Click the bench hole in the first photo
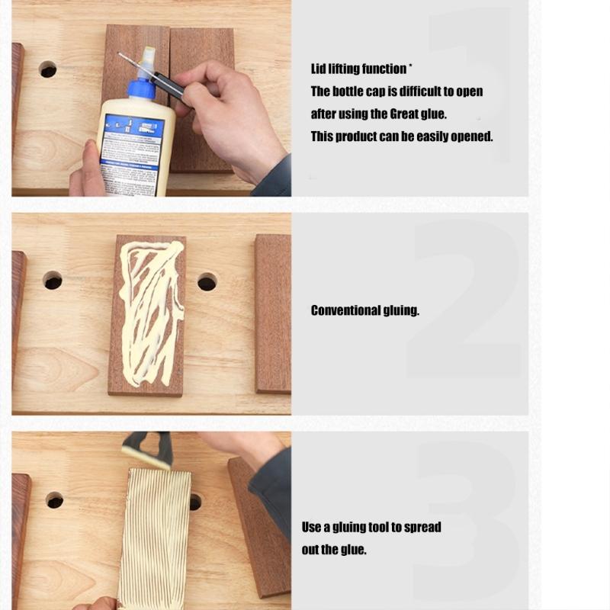(47, 69)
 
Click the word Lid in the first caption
(319, 69)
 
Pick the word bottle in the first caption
(348, 91)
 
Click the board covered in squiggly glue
(147, 314)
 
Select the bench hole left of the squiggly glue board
(53, 280)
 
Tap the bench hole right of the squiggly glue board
(207, 282)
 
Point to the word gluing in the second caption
(401, 311)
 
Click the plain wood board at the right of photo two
(272, 313)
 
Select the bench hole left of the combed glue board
(54, 500)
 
